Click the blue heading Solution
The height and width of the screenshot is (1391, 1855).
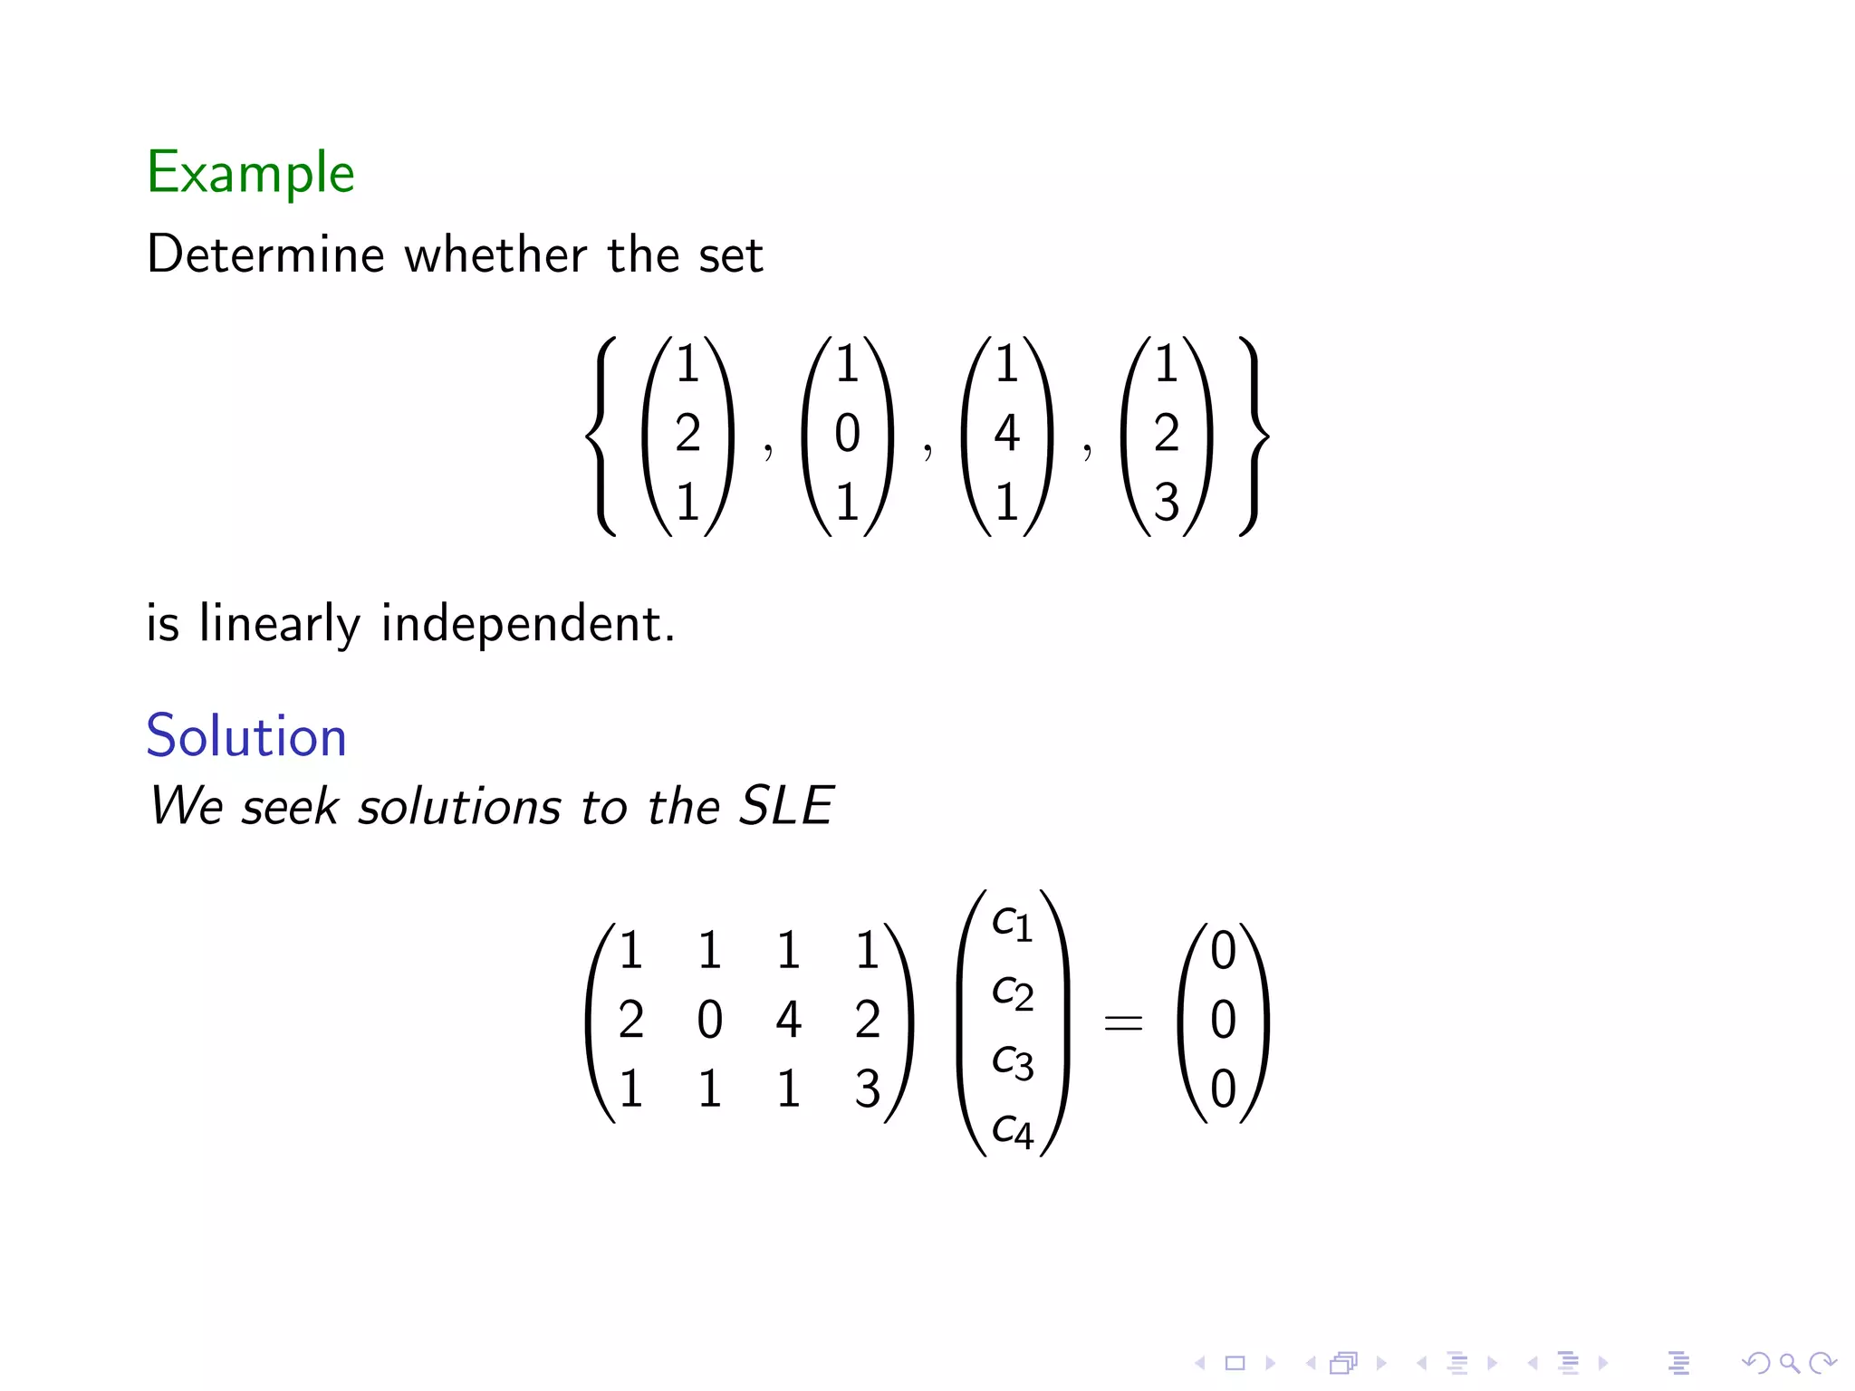[x=246, y=735]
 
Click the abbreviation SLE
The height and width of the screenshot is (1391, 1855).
[x=786, y=805]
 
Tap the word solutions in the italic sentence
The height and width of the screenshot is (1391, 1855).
[x=460, y=806]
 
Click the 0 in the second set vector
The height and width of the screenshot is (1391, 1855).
[x=847, y=433]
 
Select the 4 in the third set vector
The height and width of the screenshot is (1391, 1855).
[x=1006, y=433]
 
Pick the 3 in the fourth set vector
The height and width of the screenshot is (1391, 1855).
[x=1167, y=502]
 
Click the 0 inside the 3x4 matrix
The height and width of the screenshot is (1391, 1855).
[x=709, y=1020]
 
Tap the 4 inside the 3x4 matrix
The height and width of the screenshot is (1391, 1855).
[x=788, y=1020]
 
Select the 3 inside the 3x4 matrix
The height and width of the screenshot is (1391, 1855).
[x=867, y=1089]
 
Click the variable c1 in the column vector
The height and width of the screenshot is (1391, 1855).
[x=1012, y=923]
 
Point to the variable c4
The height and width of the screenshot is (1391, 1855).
[x=1012, y=1130]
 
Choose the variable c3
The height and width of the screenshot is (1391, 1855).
[x=1012, y=1061]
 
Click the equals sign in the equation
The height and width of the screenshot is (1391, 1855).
[x=1123, y=1023]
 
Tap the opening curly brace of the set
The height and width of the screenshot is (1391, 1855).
[x=601, y=436]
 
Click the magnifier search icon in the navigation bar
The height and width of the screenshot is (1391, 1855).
[x=1789, y=1362]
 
